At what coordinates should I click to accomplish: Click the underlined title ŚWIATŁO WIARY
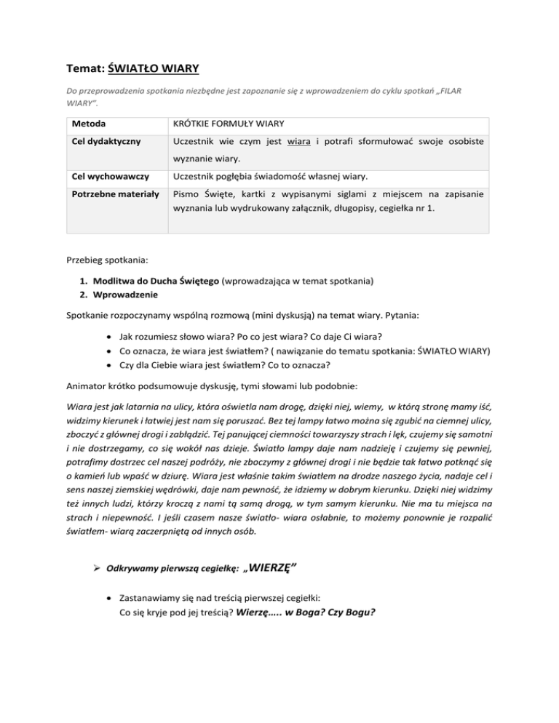click(x=154, y=70)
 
